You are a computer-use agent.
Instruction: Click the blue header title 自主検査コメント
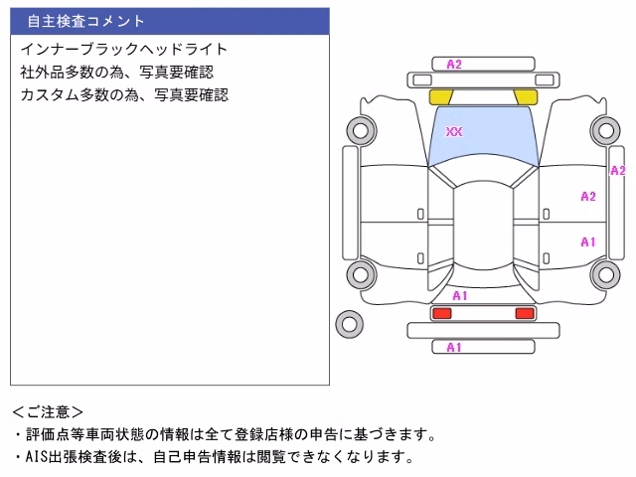click(86, 21)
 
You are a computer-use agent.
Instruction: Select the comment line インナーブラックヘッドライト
click(123, 49)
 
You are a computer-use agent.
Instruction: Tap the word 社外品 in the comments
click(42, 73)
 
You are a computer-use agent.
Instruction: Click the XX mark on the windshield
click(454, 131)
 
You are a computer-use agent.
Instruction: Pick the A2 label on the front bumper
click(454, 65)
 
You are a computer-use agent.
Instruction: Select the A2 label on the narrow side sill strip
click(618, 171)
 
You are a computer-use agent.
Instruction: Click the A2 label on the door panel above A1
click(588, 197)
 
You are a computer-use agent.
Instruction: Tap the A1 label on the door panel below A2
click(587, 242)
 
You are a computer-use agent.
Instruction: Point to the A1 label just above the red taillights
click(460, 296)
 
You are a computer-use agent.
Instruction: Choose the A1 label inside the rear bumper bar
click(454, 348)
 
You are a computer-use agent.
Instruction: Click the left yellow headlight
click(440, 97)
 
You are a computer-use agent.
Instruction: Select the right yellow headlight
click(526, 97)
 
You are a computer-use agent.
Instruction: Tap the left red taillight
click(442, 313)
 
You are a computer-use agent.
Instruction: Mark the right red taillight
click(525, 313)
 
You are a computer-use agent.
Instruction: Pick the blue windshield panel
click(483, 134)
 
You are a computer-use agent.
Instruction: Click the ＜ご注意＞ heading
click(48, 412)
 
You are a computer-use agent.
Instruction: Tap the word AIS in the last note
click(37, 457)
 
